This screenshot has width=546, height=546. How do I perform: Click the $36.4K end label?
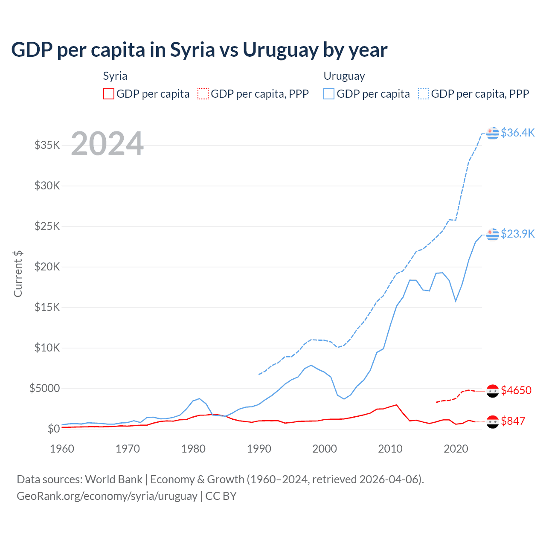pyautogui.click(x=517, y=133)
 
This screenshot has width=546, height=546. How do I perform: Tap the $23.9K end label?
pyautogui.click(x=517, y=234)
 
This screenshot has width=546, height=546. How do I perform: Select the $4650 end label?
pyautogui.click(x=516, y=390)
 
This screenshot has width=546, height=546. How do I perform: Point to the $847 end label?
pyautogui.click(x=513, y=421)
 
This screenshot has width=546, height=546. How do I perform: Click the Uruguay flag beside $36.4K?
pyautogui.click(x=493, y=133)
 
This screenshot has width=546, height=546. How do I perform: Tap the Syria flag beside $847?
pyautogui.click(x=493, y=421)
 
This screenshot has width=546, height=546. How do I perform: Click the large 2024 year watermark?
pyautogui.click(x=107, y=144)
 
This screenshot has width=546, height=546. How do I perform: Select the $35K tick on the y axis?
pyautogui.click(x=47, y=145)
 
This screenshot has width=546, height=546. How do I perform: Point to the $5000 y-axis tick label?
pyautogui.click(x=45, y=388)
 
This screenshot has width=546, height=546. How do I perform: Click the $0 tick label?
pyautogui.click(x=54, y=429)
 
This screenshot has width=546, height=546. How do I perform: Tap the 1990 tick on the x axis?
pyautogui.click(x=259, y=449)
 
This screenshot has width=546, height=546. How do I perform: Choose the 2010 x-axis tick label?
pyautogui.click(x=390, y=449)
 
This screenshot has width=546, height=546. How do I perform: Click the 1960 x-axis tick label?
pyautogui.click(x=62, y=449)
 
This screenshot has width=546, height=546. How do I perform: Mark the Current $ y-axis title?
pyautogui.click(x=18, y=274)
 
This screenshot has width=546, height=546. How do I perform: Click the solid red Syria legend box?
pyautogui.click(x=109, y=94)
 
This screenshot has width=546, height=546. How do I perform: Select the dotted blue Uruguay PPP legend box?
pyautogui.click(x=424, y=94)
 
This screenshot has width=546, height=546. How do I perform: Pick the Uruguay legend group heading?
pyautogui.click(x=344, y=76)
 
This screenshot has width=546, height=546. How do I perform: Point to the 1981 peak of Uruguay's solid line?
pyautogui.click(x=199, y=398)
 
